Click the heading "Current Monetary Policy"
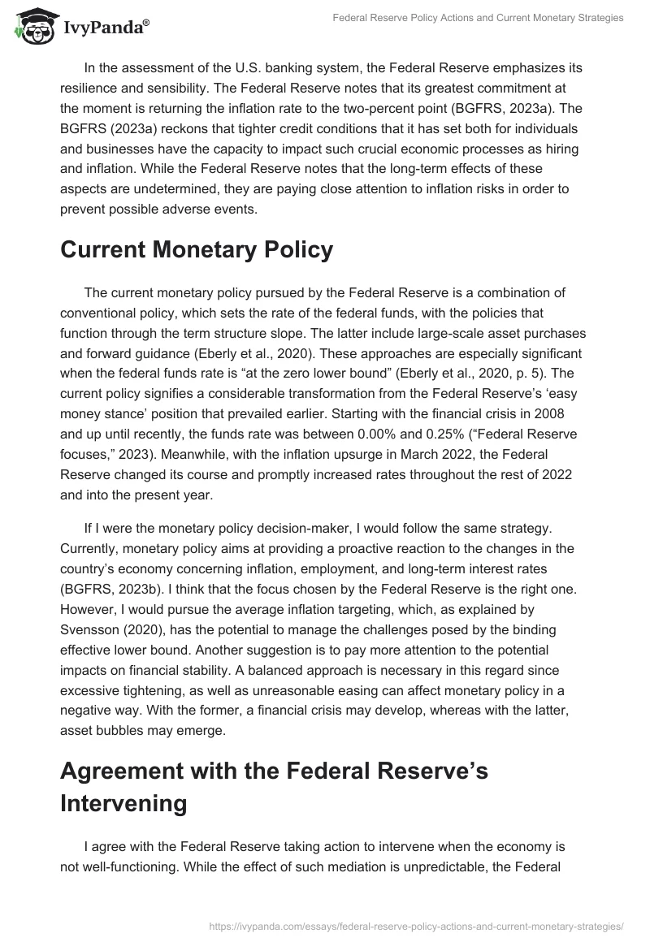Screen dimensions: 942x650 [x=197, y=249]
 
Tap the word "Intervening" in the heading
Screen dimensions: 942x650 [x=123, y=802]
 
